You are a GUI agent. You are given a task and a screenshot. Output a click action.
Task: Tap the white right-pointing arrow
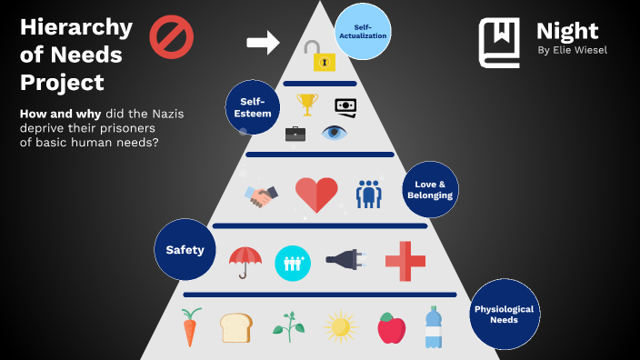point(263,41)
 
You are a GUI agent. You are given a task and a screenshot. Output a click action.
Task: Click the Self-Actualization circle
point(363,31)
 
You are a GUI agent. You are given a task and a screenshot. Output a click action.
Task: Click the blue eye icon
point(335,133)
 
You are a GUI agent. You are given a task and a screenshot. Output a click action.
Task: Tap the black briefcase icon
point(295,134)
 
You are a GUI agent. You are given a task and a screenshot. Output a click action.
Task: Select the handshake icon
point(262,195)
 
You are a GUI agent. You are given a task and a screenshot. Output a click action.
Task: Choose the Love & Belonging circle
point(429,189)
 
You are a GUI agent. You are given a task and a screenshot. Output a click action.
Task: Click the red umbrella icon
point(245,262)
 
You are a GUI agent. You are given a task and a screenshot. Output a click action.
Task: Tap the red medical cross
point(405,261)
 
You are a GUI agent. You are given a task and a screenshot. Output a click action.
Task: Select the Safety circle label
point(185,249)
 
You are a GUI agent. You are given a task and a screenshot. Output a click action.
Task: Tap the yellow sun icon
point(340,326)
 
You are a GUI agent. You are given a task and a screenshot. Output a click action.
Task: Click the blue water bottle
point(434,327)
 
